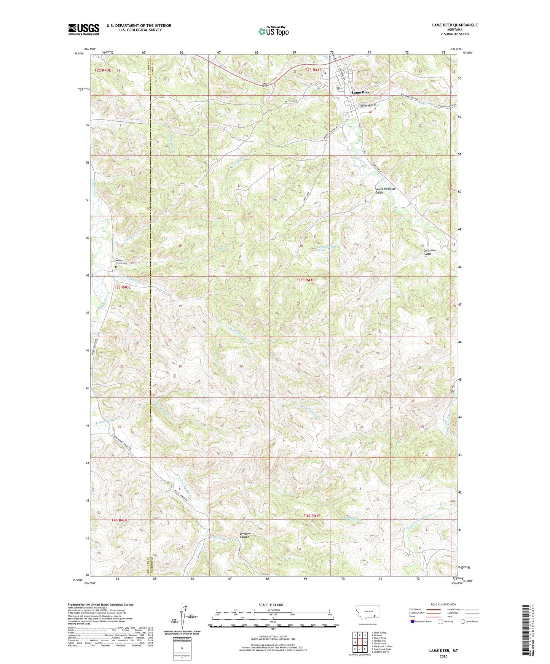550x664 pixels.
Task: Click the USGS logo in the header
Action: click(83, 29)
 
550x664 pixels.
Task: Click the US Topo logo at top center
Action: click(273, 31)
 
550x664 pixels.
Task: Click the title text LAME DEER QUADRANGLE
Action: click(454, 25)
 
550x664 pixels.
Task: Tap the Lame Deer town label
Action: click(360, 92)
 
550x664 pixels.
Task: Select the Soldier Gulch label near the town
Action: click(367, 105)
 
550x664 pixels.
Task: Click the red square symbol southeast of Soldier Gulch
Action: click(370, 112)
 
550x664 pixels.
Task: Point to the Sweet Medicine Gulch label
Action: click(385, 191)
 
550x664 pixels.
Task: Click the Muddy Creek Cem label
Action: click(121, 262)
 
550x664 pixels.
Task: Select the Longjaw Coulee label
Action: click(245, 535)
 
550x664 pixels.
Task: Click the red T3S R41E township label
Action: click(306, 280)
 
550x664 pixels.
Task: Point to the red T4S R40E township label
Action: click(120, 520)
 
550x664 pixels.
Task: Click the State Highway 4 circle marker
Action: click(364, 151)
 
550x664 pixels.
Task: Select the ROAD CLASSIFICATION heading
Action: click(444, 604)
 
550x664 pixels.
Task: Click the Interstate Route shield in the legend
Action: click(413, 621)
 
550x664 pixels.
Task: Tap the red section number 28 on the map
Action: click(299, 364)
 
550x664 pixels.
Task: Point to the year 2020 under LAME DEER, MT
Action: click(443, 656)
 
